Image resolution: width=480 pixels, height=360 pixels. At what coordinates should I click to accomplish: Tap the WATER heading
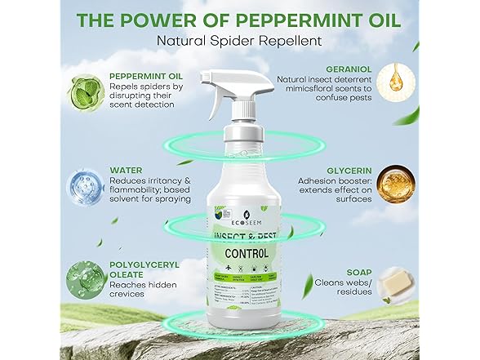(126, 171)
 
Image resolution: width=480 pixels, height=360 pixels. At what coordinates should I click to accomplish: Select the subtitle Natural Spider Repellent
(239, 41)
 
